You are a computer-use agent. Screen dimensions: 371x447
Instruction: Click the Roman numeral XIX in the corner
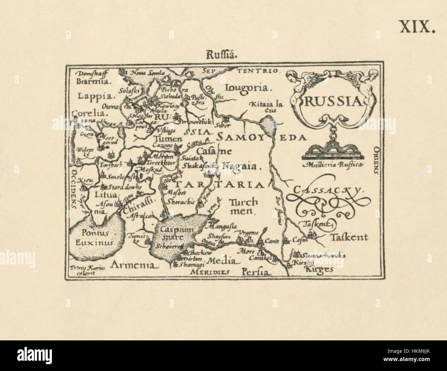click(417, 26)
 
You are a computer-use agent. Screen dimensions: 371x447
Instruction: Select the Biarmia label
click(93, 82)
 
